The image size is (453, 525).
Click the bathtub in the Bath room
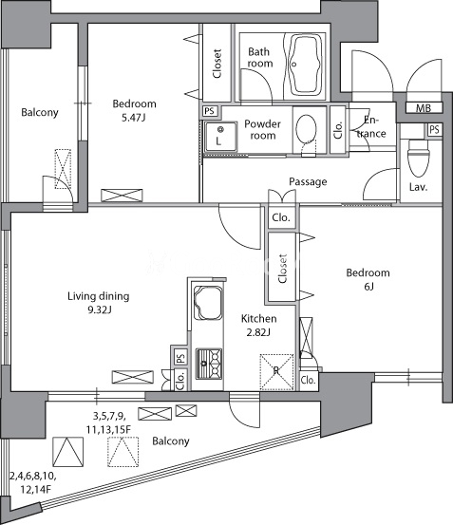[304, 66]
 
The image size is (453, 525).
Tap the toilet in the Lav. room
[418, 158]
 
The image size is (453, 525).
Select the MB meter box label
[424, 108]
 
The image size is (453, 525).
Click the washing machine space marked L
[220, 137]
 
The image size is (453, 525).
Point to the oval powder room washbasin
[307, 131]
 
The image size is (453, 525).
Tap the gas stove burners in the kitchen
[209, 364]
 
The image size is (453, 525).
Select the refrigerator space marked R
[276, 372]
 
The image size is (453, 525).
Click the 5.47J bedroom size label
[133, 118]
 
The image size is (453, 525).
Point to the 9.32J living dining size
[100, 310]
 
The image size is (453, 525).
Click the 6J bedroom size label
[368, 287]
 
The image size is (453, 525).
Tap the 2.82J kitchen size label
[258, 332]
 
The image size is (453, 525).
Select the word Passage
[308, 182]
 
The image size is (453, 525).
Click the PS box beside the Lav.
[434, 129]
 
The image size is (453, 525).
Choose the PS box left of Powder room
[210, 111]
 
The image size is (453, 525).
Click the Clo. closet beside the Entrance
[338, 130]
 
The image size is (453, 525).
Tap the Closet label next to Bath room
[217, 64]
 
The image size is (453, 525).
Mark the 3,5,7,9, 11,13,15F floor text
[109, 422]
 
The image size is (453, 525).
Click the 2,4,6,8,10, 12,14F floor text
[33, 483]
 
